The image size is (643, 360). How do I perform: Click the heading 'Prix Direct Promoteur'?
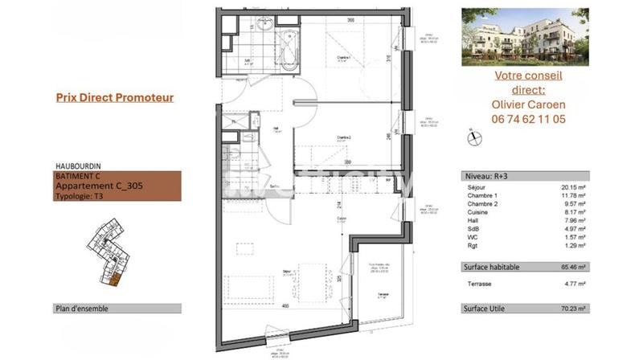(x=114, y=98)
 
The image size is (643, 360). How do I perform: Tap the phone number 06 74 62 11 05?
(x=527, y=118)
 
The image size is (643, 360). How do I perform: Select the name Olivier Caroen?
(x=527, y=104)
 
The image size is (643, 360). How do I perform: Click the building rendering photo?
(x=525, y=37)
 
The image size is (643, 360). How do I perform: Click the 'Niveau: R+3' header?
(x=485, y=175)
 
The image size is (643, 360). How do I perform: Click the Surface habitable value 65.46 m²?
(x=573, y=267)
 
